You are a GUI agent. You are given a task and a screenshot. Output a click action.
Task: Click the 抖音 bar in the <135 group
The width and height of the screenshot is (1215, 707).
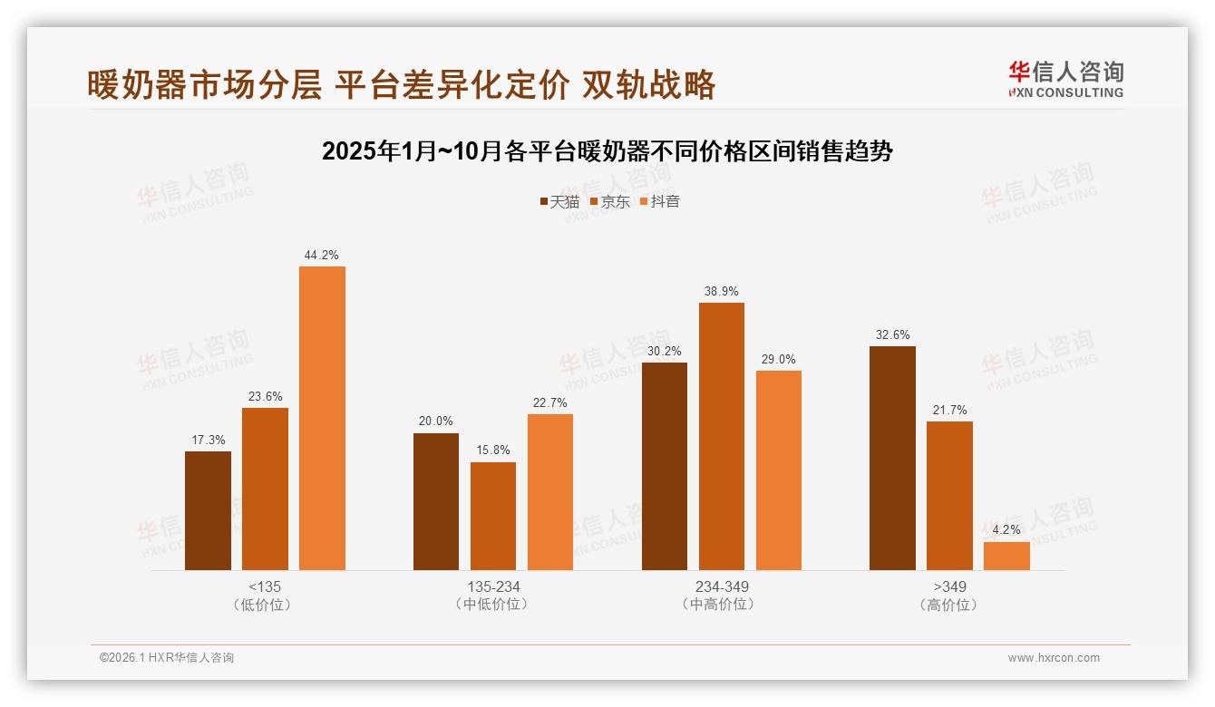tap(322, 418)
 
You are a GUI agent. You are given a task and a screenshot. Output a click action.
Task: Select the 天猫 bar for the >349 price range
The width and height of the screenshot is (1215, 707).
tap(892, 458)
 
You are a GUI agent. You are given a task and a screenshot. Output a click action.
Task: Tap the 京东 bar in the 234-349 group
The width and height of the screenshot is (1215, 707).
tap(721, 436)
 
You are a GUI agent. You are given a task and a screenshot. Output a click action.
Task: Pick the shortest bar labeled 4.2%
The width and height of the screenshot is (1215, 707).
tap(1006, 556)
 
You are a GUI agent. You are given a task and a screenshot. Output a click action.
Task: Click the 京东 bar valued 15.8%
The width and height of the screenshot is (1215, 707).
tap(492, 516)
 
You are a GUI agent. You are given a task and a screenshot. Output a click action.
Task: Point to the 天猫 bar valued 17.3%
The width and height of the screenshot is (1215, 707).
tap(208, 510)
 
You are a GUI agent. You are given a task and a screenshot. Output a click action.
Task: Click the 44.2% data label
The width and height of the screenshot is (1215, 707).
tap(322, 256)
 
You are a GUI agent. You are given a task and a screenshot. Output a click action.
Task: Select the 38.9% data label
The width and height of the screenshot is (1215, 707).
tap(721, 292)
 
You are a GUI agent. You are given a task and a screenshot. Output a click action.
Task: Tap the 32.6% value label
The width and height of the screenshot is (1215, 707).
tap(892, 335)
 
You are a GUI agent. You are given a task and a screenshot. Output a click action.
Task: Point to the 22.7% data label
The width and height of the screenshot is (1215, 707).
tap(549, 403)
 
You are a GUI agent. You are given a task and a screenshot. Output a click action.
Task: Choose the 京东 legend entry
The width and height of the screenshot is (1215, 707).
tap(609, 201)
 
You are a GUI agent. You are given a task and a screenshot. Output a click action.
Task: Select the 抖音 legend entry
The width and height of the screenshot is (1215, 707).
tap(659, 201)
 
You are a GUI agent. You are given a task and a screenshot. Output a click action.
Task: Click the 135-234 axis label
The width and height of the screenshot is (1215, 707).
tap(493, 586)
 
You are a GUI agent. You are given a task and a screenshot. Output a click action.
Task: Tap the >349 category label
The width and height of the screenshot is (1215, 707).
tap(949, 586)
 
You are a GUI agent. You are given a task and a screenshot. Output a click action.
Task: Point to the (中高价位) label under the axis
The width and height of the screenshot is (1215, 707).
tap(721, 605)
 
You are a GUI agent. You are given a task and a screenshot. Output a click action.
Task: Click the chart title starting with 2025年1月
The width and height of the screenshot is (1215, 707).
tap(607, 151)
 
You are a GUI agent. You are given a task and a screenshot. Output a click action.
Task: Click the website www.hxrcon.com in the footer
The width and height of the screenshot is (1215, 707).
tap(1054, 658)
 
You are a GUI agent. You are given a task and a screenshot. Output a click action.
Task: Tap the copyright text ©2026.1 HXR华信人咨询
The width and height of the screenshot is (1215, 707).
tap(167, 658)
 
